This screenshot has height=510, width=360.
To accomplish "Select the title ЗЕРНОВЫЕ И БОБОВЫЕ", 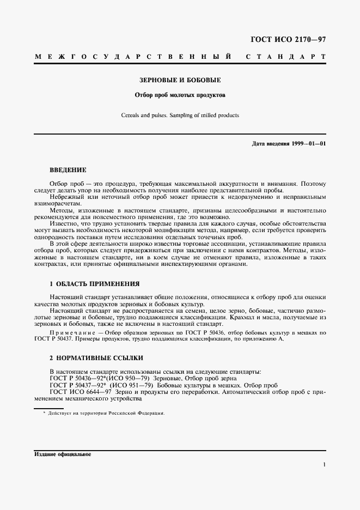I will pos(180,80).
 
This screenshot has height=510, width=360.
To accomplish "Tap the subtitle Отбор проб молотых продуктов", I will pos(180,94).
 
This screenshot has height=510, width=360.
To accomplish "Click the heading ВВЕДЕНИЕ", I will pos(68,170).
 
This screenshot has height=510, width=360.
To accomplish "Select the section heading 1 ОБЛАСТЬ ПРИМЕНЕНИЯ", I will pos(95,284).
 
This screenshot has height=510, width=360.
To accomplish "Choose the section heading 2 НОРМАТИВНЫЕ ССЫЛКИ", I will pos(96,358).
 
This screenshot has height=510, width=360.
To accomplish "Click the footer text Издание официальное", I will pos(62,454).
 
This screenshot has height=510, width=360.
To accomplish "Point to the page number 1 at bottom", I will pos(324,465).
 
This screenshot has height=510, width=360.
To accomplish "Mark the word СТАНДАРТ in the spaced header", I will pos(286,57).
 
